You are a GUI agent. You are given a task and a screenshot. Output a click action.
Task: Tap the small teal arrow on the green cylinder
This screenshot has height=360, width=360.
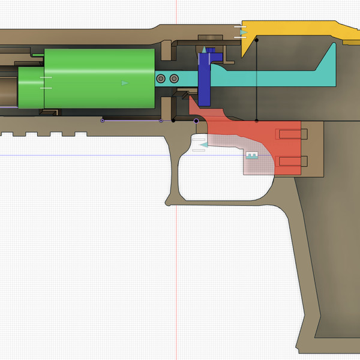(x=125, y=83)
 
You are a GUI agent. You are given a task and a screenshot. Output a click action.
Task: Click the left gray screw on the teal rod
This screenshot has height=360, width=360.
(x=160, y=79)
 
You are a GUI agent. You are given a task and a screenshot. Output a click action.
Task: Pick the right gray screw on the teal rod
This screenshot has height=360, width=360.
(x=174, y=79)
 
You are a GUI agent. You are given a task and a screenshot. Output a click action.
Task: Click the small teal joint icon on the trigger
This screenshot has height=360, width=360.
(x=252, y=156)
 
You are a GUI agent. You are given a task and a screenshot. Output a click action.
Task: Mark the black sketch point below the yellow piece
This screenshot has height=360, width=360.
(x=257, y=40)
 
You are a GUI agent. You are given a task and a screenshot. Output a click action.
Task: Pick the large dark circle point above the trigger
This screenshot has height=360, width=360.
(x=196, y=121)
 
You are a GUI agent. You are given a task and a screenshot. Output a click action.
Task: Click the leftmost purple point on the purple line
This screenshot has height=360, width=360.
(x=102, y=121)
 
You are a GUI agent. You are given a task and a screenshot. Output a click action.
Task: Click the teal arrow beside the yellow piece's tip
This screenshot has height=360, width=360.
(x=242, y=33)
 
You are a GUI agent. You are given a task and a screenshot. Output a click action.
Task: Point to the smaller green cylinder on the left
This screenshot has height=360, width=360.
(x=30, y=88)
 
